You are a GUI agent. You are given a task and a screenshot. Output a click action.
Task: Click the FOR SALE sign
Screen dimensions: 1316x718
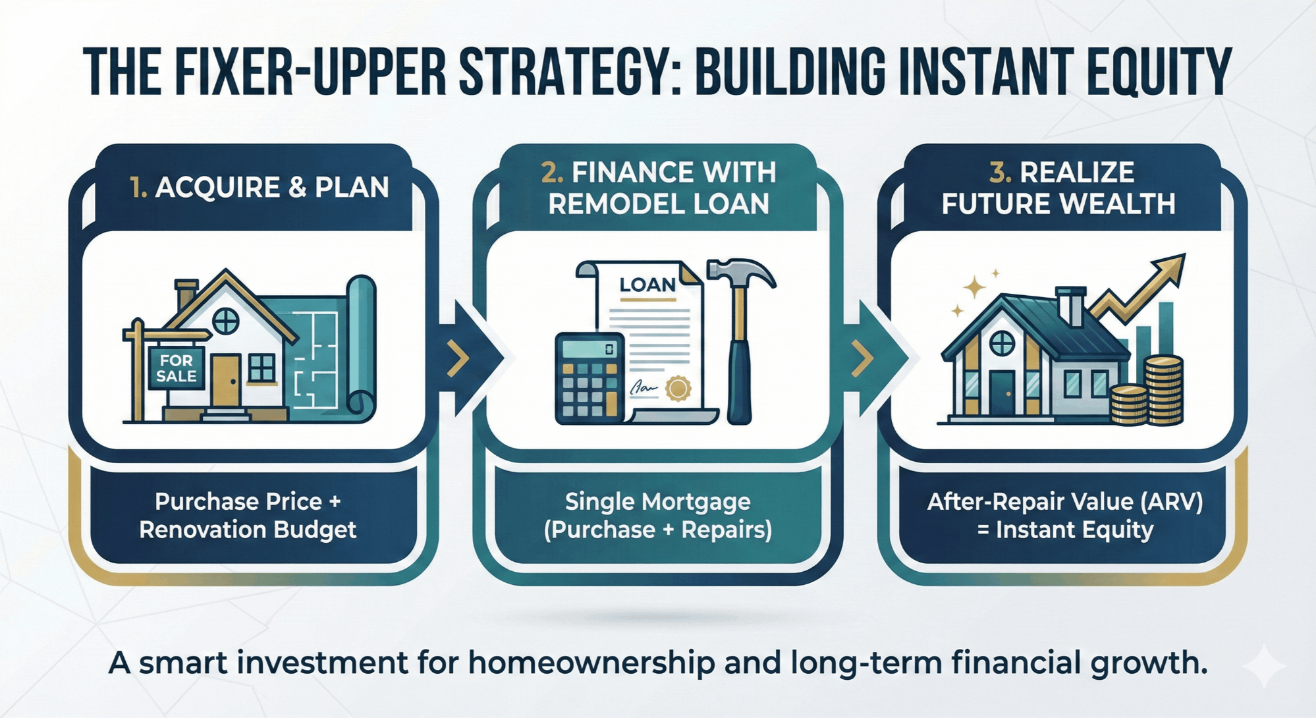click(176, 368)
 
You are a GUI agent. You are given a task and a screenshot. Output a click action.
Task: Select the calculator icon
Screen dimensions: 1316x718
click(589, 378)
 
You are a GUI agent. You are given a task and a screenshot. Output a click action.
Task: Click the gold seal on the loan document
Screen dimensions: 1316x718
click(678, 388)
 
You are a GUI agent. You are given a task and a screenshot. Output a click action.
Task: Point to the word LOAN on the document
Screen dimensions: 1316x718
click(647, 285)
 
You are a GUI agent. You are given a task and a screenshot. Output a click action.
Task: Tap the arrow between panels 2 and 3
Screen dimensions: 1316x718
click(875, 358)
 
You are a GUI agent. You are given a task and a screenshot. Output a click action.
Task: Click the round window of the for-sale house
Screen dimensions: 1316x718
click(225, 321)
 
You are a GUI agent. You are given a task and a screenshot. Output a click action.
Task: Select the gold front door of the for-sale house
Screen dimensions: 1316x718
click(225, 380)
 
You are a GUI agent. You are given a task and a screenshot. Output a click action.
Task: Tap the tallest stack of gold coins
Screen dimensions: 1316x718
click(1163, 390)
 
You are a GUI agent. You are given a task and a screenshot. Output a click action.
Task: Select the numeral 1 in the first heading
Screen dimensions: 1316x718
click(137, 188)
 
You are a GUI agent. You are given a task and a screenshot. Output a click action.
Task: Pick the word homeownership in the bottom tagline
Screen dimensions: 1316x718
click(591, 663)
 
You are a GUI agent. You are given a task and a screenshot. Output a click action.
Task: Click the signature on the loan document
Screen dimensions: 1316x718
click(644, 387)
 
